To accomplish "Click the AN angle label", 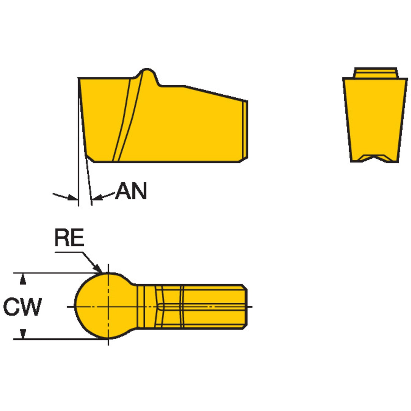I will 131,191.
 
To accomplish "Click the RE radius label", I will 69,238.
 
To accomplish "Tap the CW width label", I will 22,306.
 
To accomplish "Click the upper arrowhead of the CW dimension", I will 23,279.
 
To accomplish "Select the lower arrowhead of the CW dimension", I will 23,333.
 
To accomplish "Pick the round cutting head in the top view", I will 104,306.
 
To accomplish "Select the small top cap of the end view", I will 375,72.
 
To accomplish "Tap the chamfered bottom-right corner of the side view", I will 243,159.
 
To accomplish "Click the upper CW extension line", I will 56,273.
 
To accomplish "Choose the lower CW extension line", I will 56,339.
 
